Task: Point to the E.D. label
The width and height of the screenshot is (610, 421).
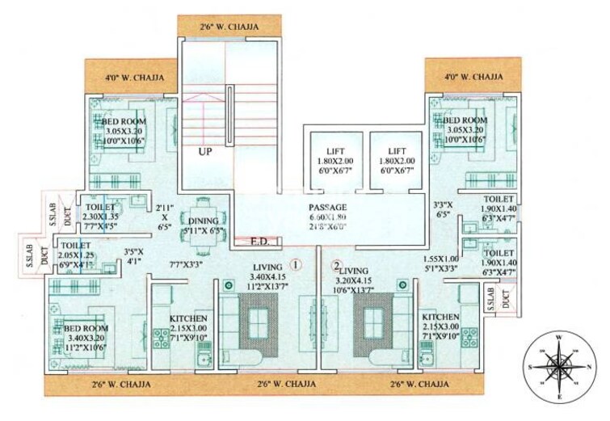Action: pyautogui.click(x=259, y=241)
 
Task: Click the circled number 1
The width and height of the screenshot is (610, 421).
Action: pyautogui.click(x=297, y=263)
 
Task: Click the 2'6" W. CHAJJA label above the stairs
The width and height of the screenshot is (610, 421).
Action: pyautogui.click(x=229, y=27)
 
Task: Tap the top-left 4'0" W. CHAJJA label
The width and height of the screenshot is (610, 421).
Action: pyautogui.click(x=133, y=78)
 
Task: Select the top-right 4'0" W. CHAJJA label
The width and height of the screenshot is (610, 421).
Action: pyautogui.click(x=473, y=78)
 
